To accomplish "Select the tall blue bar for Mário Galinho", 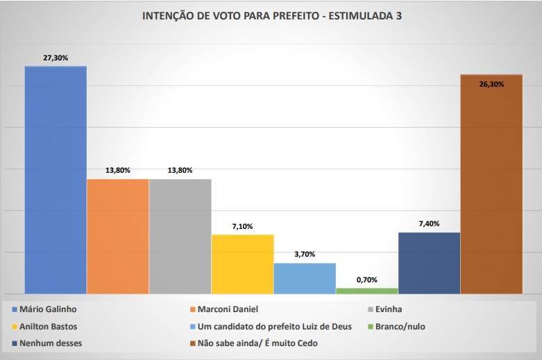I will click(56, 180).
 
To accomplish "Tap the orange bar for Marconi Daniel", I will click(118, 236).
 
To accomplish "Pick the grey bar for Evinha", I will click(180, 236).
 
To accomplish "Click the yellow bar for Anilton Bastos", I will click(242, 264).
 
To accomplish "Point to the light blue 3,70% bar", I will click(305, 277).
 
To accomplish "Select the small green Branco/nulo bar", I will click(367, 290).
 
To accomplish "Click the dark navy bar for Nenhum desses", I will click(430, 262).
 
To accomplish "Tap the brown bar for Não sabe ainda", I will click(491, 184).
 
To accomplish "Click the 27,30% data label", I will click(56, 58).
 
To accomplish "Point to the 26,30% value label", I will click(491, 83).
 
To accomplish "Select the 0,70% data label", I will click(367, 280).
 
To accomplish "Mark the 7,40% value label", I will click(430, 223).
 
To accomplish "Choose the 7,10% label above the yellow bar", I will click(242, 226).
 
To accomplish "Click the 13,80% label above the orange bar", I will click(118, 171).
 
